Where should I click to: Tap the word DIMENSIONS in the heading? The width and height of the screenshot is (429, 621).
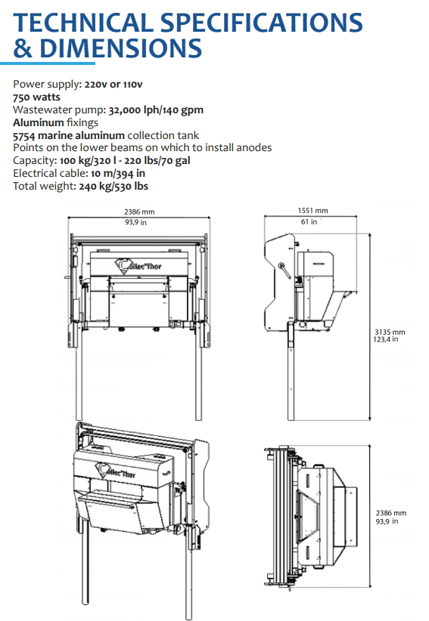tap(121, 48)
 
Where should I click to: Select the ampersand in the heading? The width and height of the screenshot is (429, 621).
tap(23, 48)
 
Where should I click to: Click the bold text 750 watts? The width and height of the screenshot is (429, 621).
tap(36, 97)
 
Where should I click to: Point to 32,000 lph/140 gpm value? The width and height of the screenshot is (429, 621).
tap(156, 110)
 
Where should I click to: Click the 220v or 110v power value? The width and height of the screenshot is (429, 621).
tap(113, 85)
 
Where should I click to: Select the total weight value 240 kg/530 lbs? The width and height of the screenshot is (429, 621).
tap(113, 186)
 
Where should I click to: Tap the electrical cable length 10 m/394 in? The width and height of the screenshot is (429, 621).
tap(118, 174)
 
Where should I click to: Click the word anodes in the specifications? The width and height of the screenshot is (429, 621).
tap(253, 148)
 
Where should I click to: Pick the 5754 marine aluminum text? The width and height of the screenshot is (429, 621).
tap(69, 135)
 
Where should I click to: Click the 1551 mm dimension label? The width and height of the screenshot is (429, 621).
tap(312, 211)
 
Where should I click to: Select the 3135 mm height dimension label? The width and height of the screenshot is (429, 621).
tap(390, 332)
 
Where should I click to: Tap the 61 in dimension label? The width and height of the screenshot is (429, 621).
tap(309, 222)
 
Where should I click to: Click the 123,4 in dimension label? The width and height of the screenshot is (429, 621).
tap(386, 339)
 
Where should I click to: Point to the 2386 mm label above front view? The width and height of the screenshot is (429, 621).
tap(139, 212)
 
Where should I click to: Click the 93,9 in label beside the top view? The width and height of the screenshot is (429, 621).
tap(387, 521)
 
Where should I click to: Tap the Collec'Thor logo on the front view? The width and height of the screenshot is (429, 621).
tap(138, 266)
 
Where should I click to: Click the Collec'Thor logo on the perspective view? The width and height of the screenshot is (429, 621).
tap(115, 471)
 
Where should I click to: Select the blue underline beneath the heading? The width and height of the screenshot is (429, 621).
tap(48, 63)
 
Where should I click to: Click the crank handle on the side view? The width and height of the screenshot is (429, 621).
tap(284, 271)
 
